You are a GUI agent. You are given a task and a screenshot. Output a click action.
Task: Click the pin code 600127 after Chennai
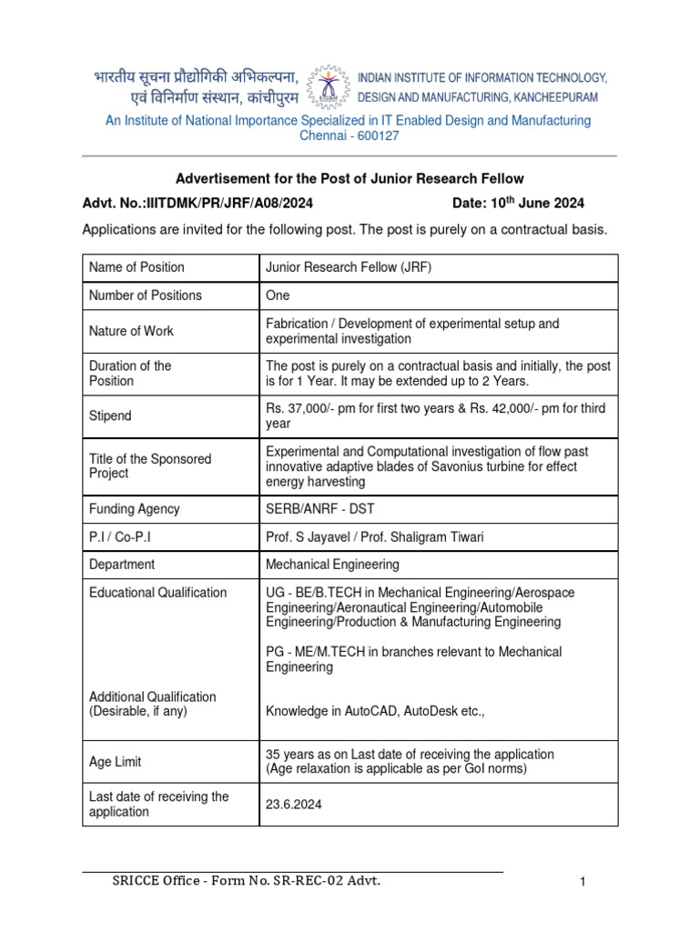(x=378, y=135)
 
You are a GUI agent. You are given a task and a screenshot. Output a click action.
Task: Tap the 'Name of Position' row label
(x=137, y=267)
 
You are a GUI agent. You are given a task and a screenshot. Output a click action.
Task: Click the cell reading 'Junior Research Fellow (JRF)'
(x=349, y=267)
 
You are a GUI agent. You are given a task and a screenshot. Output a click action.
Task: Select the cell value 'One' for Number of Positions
(x=278, y=295)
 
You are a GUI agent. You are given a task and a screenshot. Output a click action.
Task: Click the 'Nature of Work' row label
(x=131, y=331)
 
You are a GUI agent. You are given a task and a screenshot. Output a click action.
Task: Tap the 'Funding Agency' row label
(x=134, y=509)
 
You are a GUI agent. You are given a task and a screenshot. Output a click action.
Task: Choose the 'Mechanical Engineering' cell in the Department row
(x=332, y=565)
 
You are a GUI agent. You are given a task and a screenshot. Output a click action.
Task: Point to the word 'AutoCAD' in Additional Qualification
(x=369, y=712)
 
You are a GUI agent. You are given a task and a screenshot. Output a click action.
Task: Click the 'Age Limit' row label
(x=115, y=762)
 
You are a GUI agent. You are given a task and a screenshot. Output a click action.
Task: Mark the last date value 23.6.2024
(x=293, y=805)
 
